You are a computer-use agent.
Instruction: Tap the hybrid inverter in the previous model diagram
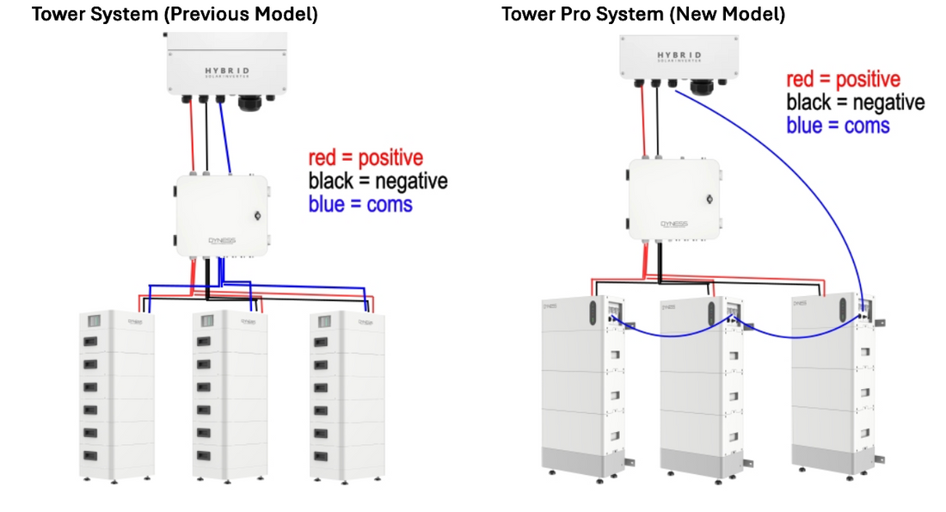pyautogui.click(x=227, y=65)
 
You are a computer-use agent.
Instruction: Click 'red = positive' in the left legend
pyautogui.click(x=365, y=158)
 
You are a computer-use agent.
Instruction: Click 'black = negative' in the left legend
pyautogui.click(x=378, y=182)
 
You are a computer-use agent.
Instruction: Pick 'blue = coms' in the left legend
pyautogui.click(x=360, y=204)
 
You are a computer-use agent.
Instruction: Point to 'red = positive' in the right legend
pyautogui.click(x=843, y=80)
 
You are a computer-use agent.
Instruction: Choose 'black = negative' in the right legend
pyautogui.click(x=856, y=102)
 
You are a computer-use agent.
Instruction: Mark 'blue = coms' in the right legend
pyautogui.click(x=838, y=126)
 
